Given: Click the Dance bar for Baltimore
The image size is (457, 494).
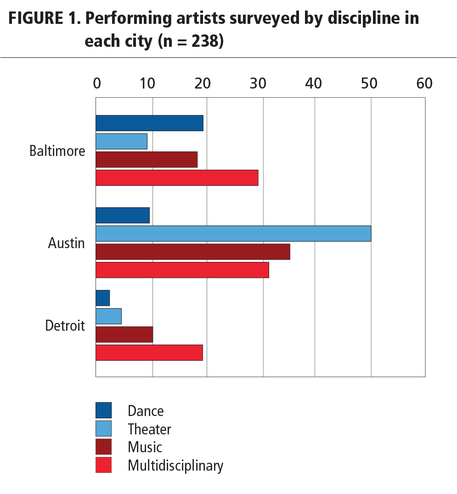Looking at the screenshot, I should tap(149, 123).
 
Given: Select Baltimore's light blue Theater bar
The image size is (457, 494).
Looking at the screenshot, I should tap(121, 141).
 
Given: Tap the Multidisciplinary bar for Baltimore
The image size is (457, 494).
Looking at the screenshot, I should tap(177, 178).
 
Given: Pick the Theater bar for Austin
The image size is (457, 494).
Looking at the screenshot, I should tap(233, 233).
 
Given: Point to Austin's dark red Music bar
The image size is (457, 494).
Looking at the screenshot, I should tap(193, 252).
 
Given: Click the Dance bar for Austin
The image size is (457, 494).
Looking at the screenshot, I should tap(123, 215).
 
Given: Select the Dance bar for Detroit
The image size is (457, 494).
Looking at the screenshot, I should tap(103, 298).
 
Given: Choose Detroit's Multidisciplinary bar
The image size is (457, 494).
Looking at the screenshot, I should tap(149, 352).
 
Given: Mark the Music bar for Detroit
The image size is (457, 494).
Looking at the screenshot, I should tap(124, 334).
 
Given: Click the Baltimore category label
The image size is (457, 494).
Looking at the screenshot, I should tap(57, 151).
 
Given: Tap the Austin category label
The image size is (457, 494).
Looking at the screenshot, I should tap(67, 243).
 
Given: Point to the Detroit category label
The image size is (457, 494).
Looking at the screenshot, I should tap(65, 326).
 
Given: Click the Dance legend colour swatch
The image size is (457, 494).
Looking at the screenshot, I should tap(104, 411).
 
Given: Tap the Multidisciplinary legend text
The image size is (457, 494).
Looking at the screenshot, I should tap(175, 466).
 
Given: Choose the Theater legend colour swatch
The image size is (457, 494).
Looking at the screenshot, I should tap(104, 429).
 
